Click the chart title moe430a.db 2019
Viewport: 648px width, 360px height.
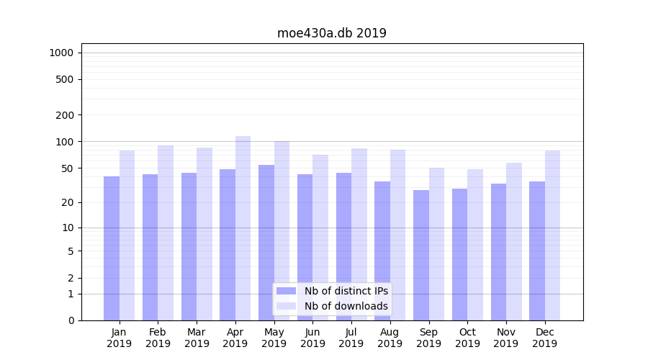tap(331, 33)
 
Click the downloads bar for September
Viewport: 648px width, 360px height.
tap(436, 244)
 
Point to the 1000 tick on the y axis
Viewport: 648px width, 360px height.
tap(61, 53)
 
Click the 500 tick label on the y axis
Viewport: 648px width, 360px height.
tap(65, 79)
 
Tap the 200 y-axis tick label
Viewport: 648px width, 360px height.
tap(65, 115)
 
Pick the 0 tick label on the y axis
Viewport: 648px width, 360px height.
tap(71, 320)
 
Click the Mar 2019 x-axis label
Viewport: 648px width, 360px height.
tap(197, 338)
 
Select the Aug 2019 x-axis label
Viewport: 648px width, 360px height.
tap(390, 338)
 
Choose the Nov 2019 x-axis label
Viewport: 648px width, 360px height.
tap(505, 338)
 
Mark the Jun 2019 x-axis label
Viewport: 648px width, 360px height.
tap(312, 338)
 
